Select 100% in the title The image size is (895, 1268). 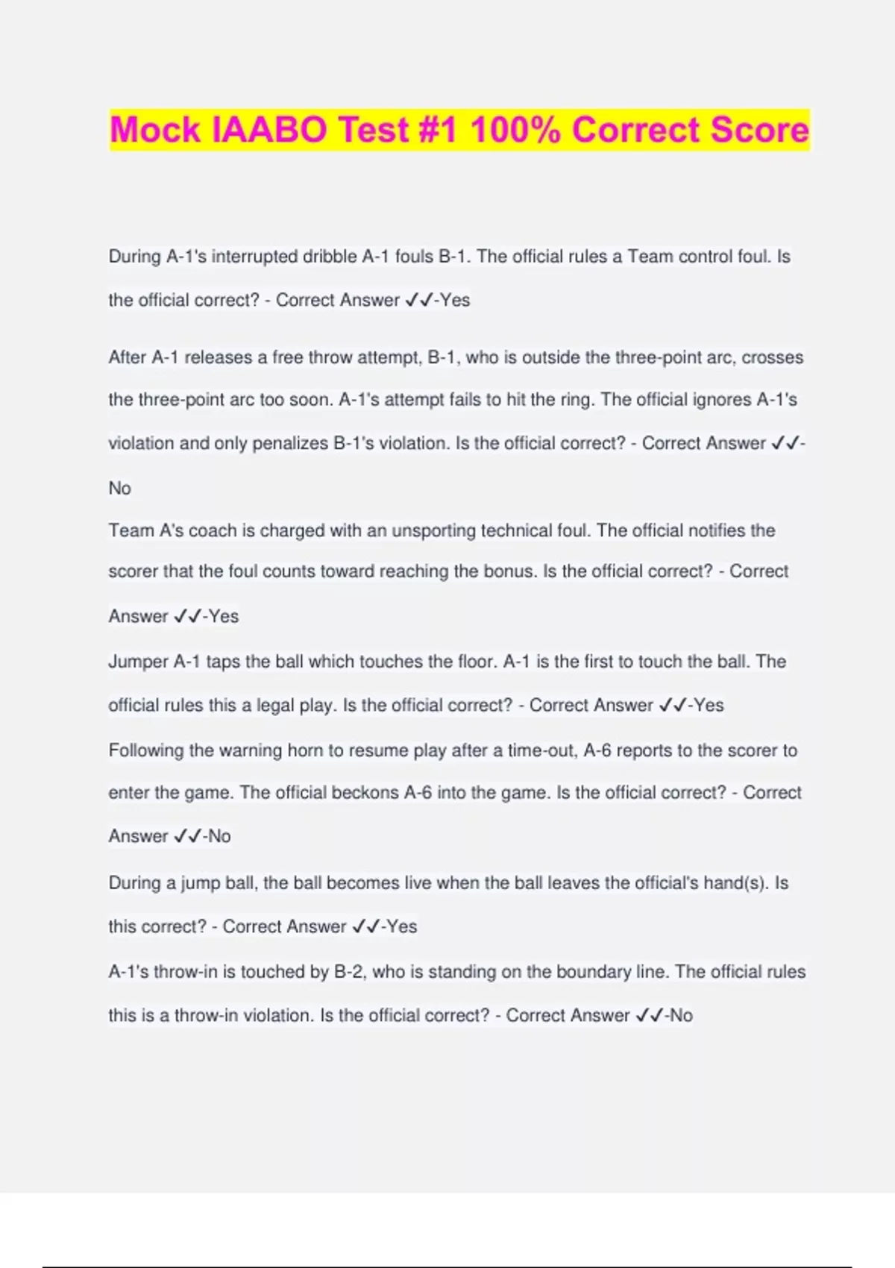click(515, 130)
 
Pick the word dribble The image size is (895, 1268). click(329, 257)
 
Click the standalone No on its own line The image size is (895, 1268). click(119, 488)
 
